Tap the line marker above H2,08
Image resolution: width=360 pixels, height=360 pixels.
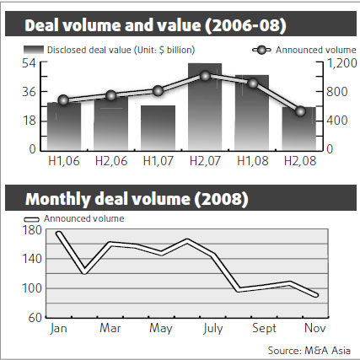click(x=299, y=110)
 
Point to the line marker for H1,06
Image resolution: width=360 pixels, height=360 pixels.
click(x=64, y=100)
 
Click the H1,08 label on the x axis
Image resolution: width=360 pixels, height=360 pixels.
click(x=252, y=161)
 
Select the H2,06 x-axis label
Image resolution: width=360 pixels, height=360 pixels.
click(x=111, y=161)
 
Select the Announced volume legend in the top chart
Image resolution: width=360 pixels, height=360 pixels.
click(x=304, y=50)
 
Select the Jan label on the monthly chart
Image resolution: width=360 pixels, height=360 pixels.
click(x=59, y=327)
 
